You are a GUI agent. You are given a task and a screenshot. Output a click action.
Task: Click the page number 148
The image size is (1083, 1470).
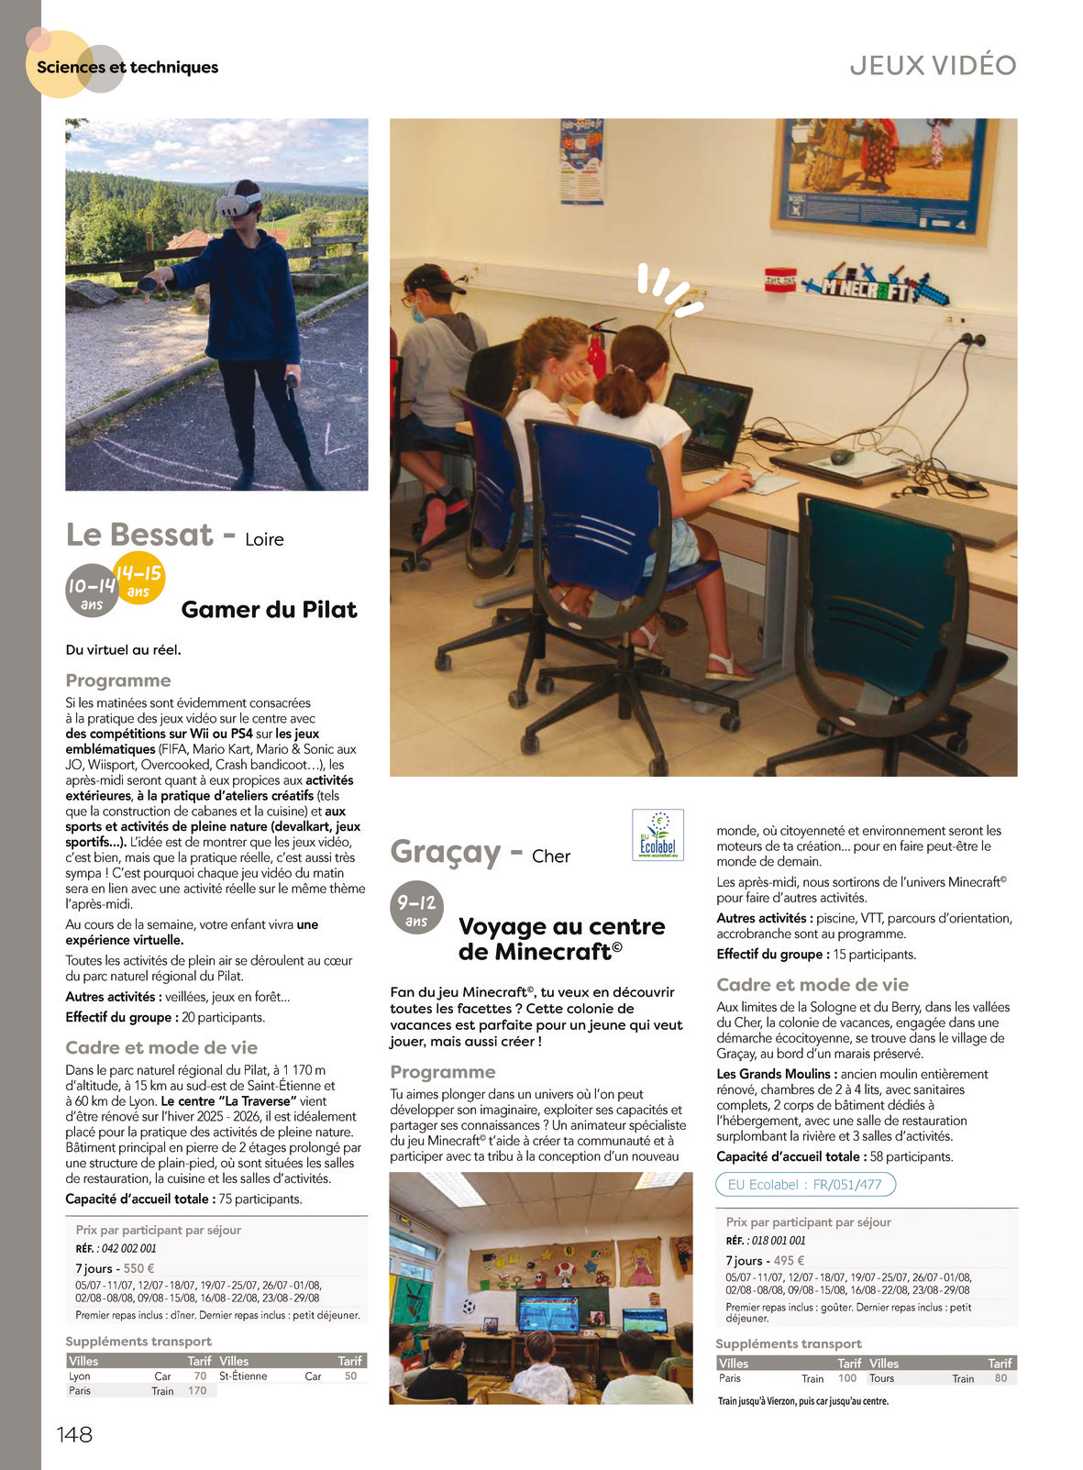(x=74, y=1434)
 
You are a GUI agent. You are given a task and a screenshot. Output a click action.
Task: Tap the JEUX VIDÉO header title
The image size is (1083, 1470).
(x=933, y=65)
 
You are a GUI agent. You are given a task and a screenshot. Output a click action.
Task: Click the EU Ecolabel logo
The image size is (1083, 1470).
(x=658, y=834)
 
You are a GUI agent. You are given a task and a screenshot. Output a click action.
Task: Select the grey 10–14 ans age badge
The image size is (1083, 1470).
(x=92, y=591)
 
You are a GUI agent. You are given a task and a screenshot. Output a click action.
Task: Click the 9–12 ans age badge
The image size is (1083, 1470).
(x=416, y=909)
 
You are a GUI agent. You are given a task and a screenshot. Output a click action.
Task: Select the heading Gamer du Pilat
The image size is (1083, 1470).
(x=269, y=610)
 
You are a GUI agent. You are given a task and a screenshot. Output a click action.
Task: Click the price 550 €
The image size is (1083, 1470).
(x=138, y=1268)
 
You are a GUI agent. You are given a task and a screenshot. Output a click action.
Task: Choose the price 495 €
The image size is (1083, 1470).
(x=789, y=1260)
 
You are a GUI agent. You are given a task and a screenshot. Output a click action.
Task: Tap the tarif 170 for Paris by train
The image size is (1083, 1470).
(x=197, y=1391)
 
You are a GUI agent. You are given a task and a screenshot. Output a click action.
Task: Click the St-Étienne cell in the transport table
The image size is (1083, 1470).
(x=243, y=1376)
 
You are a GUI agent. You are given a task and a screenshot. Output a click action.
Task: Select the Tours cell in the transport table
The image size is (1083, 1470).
(x=881, y=1378)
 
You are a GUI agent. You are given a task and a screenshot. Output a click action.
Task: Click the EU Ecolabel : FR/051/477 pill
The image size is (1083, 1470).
(x=804, y=1185)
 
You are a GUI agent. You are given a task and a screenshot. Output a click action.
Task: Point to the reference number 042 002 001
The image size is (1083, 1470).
(x=128, y=1248)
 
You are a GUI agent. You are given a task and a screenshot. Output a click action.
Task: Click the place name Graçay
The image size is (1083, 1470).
(x=445, y=851)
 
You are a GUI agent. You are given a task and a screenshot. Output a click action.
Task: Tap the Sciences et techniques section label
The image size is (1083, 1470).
(x=127, y=67)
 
